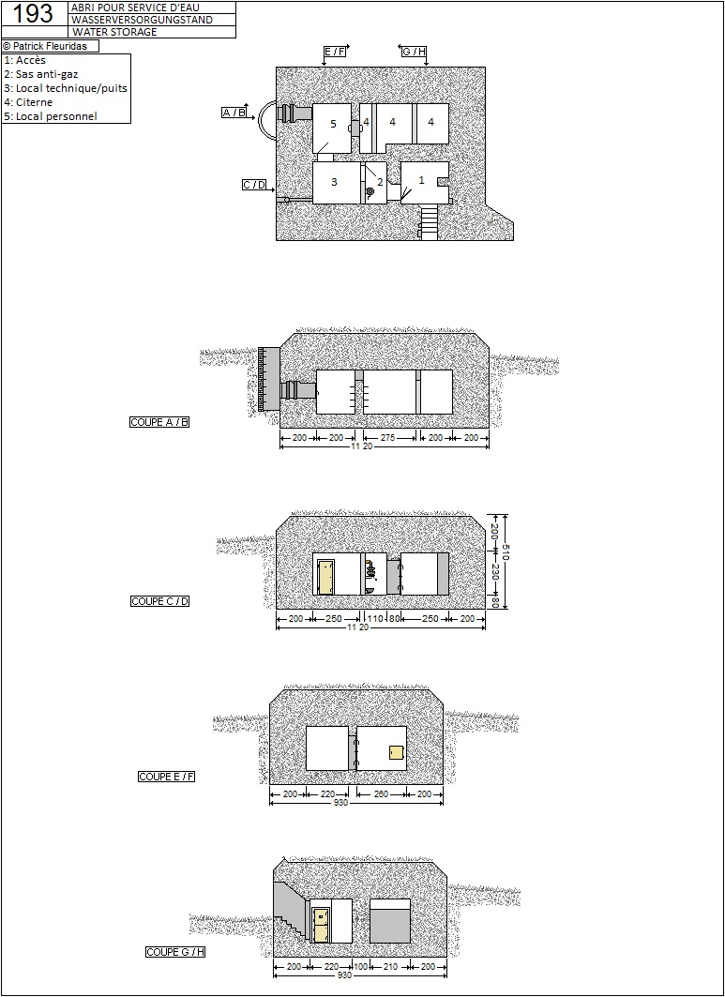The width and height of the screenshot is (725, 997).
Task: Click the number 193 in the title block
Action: [33, 14]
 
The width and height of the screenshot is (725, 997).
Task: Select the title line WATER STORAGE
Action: [114, 32]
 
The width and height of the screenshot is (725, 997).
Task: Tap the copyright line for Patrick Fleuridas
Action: [45, 46]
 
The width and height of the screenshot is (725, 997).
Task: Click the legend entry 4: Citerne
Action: [29, 102]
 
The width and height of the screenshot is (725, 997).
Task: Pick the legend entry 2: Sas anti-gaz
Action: [41, 74]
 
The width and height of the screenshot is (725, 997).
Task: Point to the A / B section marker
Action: [234, 113]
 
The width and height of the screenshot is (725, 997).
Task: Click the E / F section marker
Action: [335, 52]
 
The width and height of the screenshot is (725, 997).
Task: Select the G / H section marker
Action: [414, 52]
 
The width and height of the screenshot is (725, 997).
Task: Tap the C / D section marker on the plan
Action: [254, 185]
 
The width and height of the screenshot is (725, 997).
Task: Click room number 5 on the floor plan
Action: [333, 124]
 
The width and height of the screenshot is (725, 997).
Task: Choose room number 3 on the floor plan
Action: [335, 182]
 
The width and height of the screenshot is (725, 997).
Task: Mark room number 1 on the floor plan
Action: [421, 181]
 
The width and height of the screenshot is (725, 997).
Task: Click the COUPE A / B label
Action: [159, 422]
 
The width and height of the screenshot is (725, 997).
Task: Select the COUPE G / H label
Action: [175, 952]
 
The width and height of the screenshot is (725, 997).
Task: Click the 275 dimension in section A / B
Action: [387, 437]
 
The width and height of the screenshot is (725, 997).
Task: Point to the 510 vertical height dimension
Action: [506, 551]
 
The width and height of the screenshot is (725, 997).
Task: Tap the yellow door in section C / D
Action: [326, 577]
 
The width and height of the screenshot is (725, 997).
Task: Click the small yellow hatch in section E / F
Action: [398, 751]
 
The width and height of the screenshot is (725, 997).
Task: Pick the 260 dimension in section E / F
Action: [381, 793]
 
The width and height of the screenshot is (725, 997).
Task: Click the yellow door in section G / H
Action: [321, 925]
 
